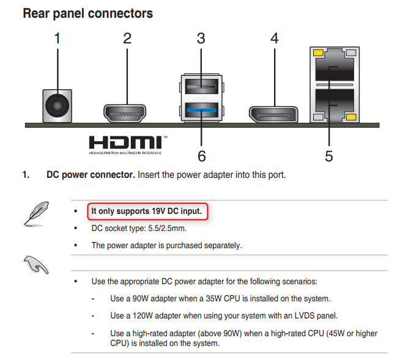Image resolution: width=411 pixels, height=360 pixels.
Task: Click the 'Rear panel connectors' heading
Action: pyautogui.click(x=87, y=13)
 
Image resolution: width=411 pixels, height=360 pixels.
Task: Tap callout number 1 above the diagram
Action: pyautogui.click(x=57, y=39)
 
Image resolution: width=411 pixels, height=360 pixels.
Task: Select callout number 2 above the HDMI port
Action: pyautogui.click(x=127, y=39)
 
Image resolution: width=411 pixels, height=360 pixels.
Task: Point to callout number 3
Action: pyautogui.click(x=201, y=39)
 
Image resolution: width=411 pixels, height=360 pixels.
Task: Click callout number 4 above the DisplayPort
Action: pyautogui.click(x=275, y=39)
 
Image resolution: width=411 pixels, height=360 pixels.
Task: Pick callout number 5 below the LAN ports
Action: pyautogui.click(x=329, y=156)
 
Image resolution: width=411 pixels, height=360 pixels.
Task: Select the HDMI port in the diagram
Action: pyautogui.click(x=128, y=113)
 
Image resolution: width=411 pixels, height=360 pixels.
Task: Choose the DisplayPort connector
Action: pyautogui.click(x=273, y=114)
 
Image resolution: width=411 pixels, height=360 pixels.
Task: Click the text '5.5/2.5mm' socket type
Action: pyautogui.click(x=165, y=229)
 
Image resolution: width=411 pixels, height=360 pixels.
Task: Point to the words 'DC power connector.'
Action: pyautogui.click(x=91, y=175)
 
